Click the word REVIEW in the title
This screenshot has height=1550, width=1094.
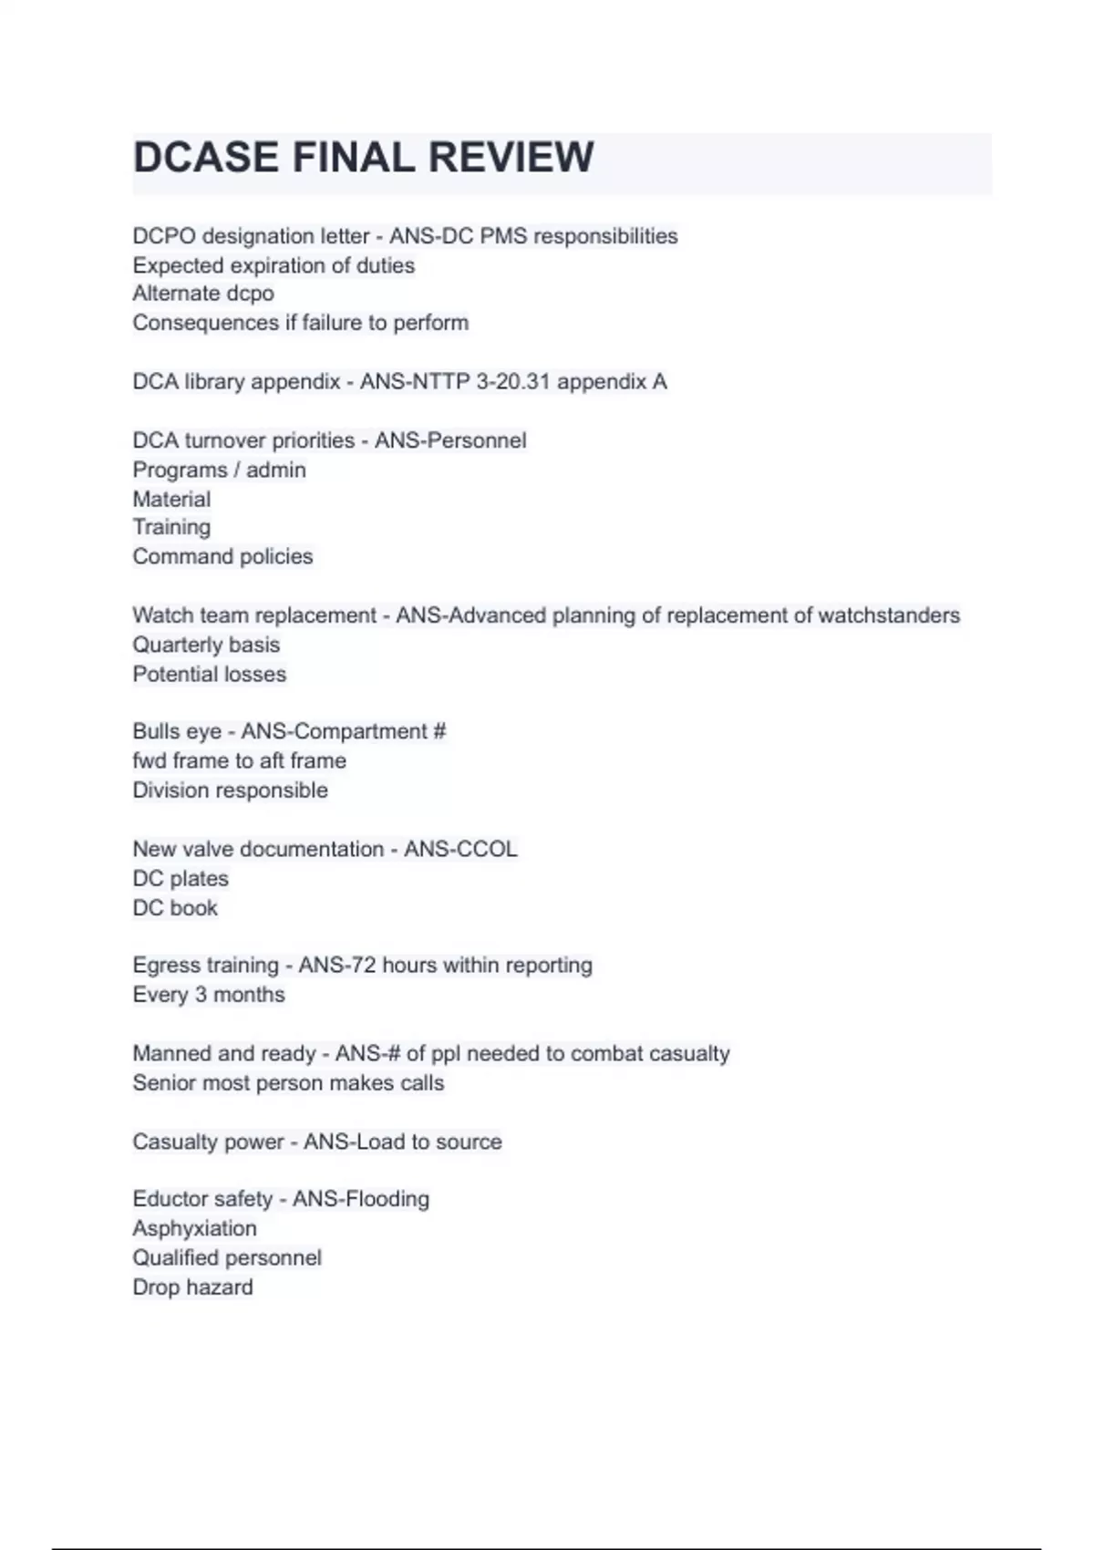511,158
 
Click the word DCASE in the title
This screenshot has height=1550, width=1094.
206,158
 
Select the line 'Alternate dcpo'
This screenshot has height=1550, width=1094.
203,294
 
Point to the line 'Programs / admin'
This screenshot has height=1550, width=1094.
219,470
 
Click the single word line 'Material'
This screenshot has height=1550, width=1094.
171,499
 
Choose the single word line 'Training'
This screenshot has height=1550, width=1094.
171,527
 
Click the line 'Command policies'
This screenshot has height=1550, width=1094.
222,556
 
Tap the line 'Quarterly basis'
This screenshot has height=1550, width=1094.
206,645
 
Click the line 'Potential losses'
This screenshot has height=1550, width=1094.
210,674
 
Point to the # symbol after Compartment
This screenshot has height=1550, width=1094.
439,731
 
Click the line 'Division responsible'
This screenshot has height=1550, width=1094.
230,790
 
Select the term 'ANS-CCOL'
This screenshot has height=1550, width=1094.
460,849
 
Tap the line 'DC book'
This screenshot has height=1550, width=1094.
175,907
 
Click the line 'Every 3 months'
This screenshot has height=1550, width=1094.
209,995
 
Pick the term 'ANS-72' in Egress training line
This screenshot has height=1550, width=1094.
337,966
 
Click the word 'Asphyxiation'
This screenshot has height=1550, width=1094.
194,1228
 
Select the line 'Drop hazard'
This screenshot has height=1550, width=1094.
192,1286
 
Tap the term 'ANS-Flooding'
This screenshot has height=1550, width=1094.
361,1199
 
